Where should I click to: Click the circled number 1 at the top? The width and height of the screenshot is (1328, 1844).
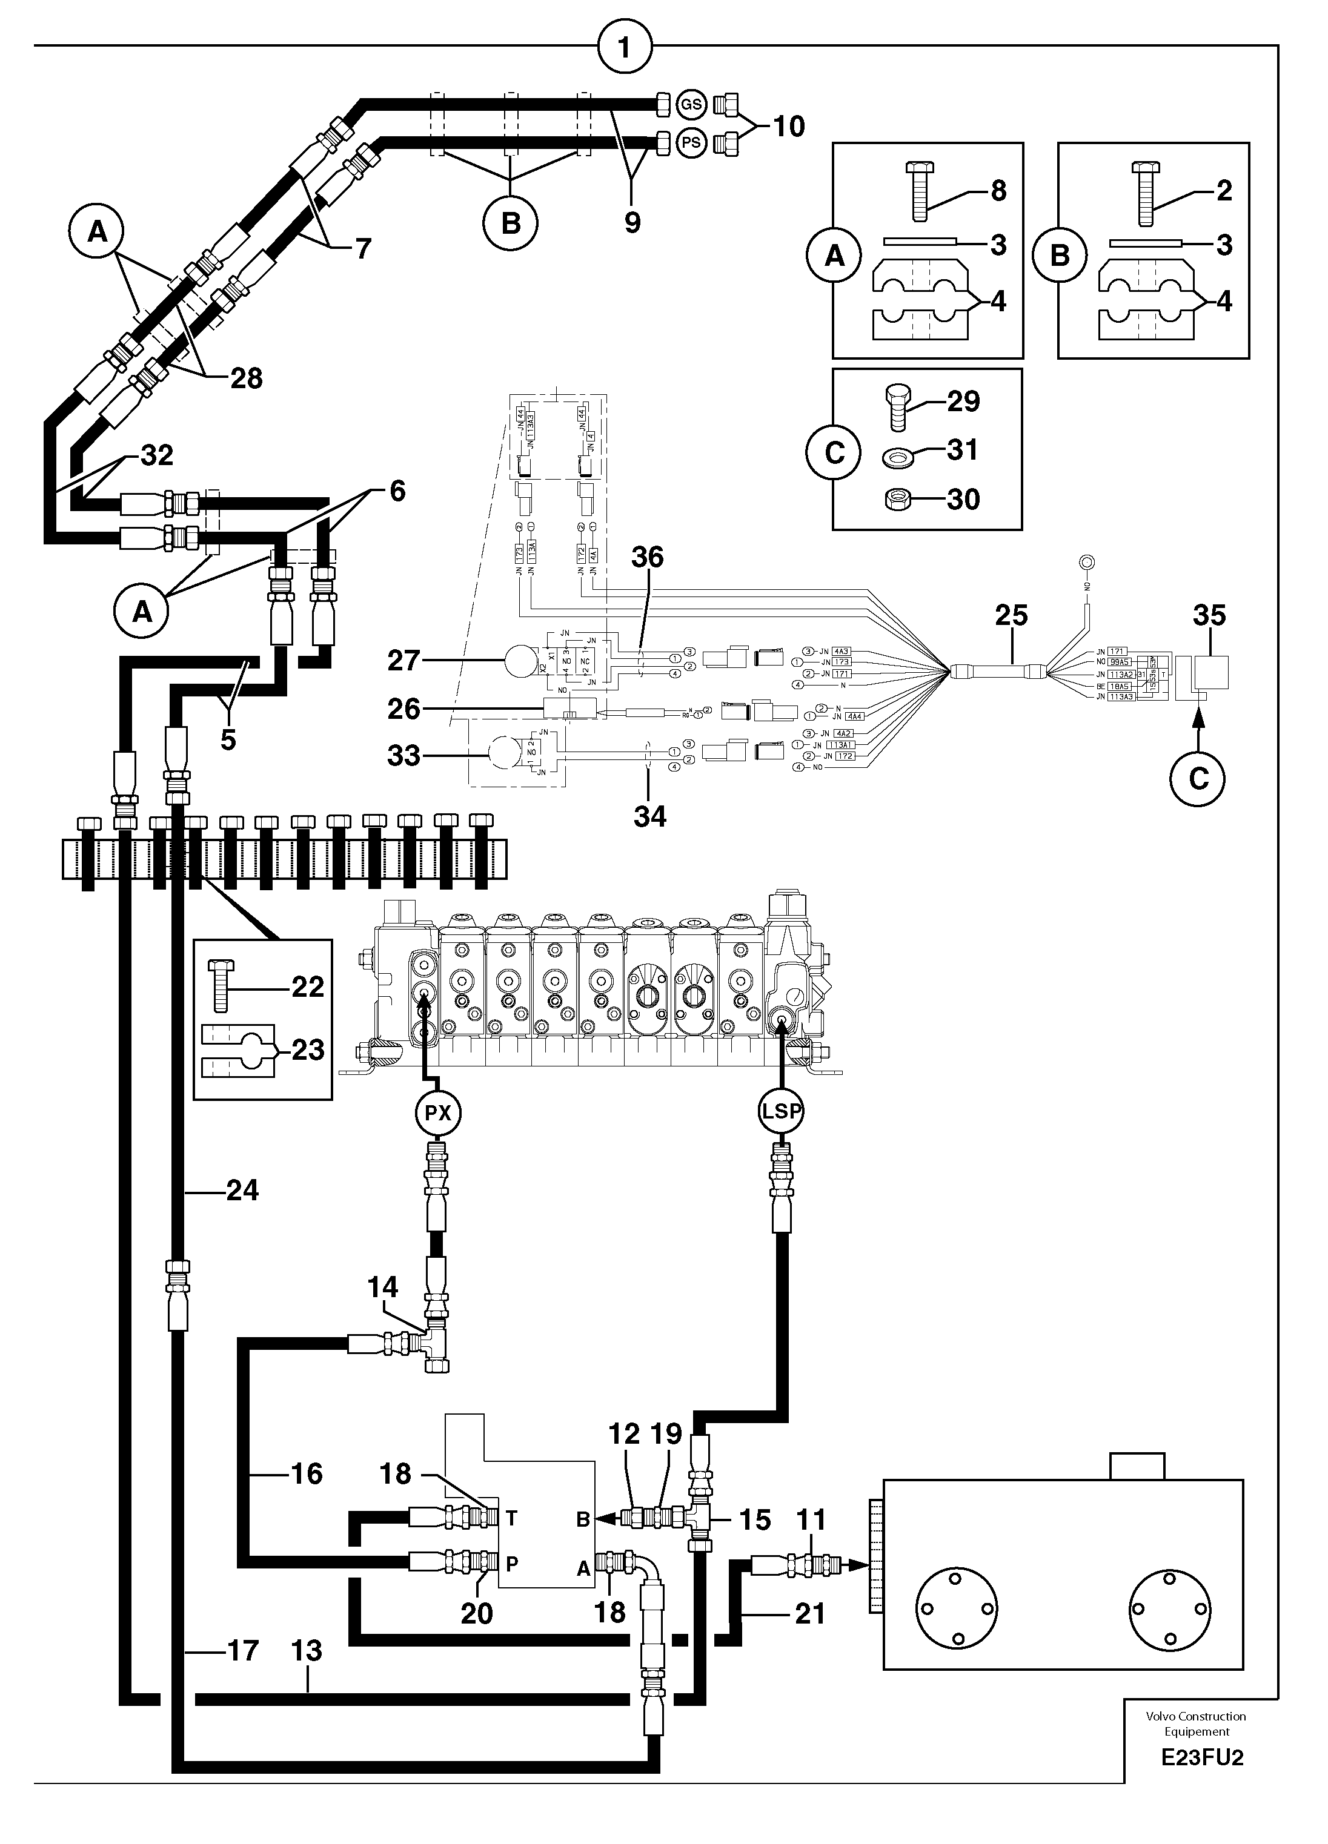click(625, 48)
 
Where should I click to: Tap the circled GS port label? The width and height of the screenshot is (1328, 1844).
click(691, 105)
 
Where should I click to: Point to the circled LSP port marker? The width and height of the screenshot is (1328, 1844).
click(781, 1111)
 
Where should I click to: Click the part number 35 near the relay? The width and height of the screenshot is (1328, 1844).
click(1209, 615)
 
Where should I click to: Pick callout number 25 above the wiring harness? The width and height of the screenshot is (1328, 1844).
click(1011, 615)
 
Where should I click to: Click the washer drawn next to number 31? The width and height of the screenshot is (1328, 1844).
click(896, 460)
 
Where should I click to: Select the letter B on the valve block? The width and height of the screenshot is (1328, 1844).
click(582, 1519)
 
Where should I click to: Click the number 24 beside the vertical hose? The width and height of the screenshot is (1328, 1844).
click(242, 1191)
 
